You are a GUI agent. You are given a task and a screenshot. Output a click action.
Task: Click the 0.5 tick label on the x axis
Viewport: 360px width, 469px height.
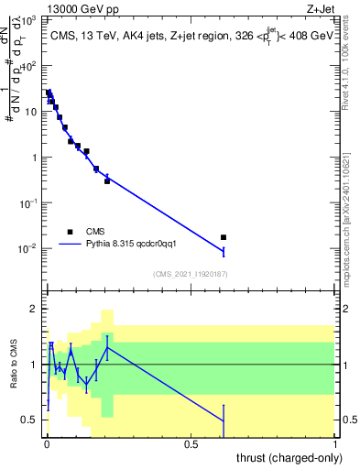point(191,445)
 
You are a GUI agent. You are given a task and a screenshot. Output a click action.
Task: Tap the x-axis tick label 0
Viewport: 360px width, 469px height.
point(46,445)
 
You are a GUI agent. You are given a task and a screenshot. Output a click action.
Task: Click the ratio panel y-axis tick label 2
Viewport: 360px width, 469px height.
point(33,309)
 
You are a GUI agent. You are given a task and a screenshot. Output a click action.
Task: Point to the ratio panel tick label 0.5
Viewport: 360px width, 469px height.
point(29,420)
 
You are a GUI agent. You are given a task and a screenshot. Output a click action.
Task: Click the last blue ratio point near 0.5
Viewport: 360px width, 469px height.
point(224,420)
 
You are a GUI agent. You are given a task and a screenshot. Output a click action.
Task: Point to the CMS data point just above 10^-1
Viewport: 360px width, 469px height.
point(107,181)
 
